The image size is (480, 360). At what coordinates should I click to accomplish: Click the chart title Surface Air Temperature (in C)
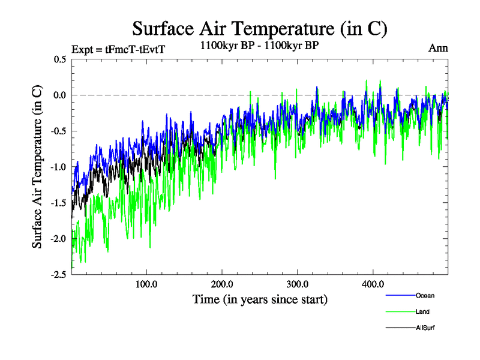[260, 28]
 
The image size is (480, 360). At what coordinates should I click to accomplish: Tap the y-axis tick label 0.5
[60, 59]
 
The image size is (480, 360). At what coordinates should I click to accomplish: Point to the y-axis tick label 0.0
[60, 95]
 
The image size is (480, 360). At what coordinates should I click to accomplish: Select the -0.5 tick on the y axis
[58, 131]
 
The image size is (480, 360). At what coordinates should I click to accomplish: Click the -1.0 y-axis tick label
[58, 167]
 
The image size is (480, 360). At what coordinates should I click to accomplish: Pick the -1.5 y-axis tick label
[58, 203]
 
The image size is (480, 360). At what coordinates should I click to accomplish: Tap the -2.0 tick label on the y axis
[58, 238]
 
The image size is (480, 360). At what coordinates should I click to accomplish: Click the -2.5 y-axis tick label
[58, 274]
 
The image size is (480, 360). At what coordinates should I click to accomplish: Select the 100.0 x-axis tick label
[147, 284]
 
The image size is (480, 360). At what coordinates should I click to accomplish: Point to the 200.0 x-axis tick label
[223, 284]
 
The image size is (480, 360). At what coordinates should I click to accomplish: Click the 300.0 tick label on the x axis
[298, 284]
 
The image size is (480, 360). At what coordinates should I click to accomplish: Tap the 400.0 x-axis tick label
[373, 284]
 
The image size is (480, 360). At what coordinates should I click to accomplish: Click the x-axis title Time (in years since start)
[260, 299]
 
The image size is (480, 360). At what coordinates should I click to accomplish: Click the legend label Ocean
[425, 295]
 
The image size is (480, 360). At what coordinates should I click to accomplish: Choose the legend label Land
[422, 311]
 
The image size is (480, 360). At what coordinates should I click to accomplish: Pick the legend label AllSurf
[425, 328]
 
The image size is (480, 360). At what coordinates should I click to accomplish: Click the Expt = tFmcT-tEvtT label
[118, 49]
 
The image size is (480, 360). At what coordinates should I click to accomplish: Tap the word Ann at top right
[438, 48]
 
